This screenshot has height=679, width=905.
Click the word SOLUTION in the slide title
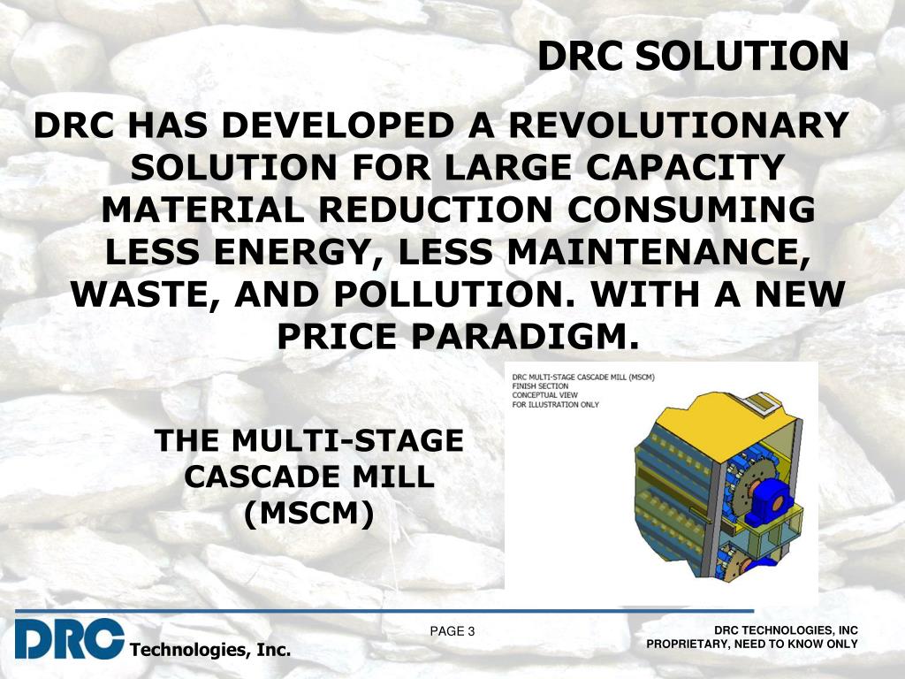[x=741, y=56]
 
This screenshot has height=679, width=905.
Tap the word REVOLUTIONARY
[x=678, y=125]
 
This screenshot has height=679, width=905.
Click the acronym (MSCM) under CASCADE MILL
[x=308, y=514]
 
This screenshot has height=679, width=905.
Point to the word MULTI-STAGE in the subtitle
[x=347, y=440]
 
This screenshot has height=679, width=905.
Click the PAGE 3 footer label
[x=452, y=631]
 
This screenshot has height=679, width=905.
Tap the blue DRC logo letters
[x=69, y=638]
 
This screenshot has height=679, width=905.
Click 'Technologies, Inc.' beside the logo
[x=210, y=650]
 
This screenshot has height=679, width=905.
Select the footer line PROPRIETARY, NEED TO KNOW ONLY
[x=752, y=644]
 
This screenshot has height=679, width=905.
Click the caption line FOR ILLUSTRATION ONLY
[x=555, y=405]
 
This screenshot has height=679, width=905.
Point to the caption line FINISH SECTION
[x=540, y=386]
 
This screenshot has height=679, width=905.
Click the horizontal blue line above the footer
[x=384, y=611]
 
